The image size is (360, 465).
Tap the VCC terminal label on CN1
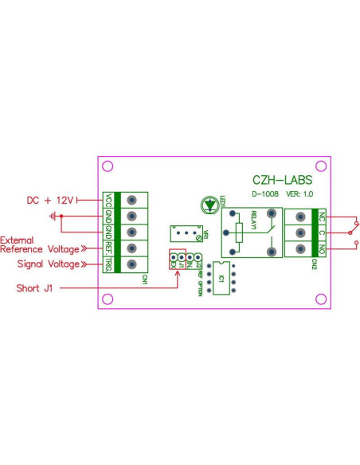(x=108, y=199)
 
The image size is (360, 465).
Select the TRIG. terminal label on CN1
(x=108, y=264)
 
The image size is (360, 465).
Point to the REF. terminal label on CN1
(x=108, y=248)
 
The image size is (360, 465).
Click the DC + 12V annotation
(x=49, y=200)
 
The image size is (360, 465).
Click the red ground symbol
(x=53, y=216)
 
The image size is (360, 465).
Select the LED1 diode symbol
(x=209, y=205)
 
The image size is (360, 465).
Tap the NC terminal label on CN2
(x=321, y=216)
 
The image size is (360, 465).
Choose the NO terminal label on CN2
(x=321, y=249)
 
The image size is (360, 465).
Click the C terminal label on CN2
(x=321, y=232)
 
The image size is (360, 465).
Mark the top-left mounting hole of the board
(x=109, y=166)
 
